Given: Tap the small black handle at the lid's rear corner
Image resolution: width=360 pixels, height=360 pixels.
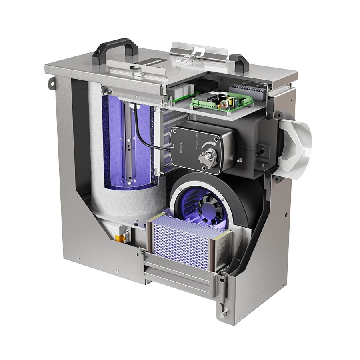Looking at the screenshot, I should coord(239,60).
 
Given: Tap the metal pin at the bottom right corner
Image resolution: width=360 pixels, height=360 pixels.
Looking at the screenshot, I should coord(223,313).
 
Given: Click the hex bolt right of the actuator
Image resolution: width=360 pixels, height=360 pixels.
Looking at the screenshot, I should coord(239,160).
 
